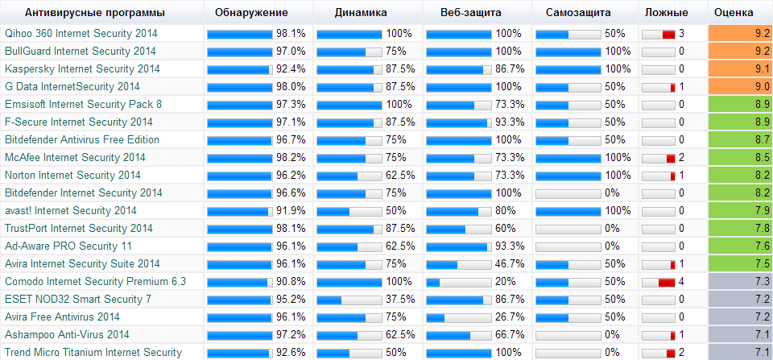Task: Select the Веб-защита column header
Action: pos(471,13)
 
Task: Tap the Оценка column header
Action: pos(734,13)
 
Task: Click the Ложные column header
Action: pos(666,13)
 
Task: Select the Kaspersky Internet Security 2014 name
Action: pos(82,69)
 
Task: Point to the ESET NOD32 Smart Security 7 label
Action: pos(78,300)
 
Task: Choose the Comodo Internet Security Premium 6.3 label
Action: pos(95,282)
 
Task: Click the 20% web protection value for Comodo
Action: pos(505,282)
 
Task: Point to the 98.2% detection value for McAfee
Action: pos(291,158)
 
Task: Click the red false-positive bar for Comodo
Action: pos(666,282)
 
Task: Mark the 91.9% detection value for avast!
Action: pos(291,211)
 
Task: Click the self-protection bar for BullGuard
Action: pos(568,52)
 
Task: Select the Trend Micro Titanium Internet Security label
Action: pos(93,353)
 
